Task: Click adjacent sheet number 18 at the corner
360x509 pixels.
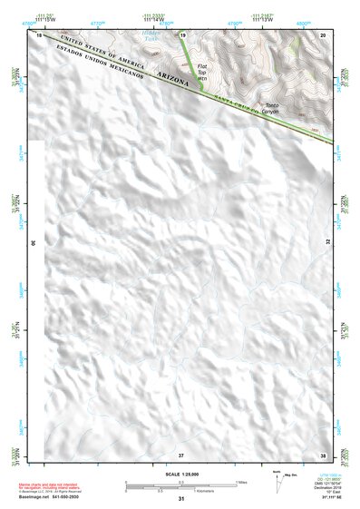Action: [x=39, y=34]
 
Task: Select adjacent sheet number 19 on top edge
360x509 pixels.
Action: [x=183, y=34]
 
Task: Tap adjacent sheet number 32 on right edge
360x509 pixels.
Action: [x=327, y=243]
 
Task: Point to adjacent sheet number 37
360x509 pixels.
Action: [x=181, y=454]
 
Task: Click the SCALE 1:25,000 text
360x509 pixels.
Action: [x=180, y=475]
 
